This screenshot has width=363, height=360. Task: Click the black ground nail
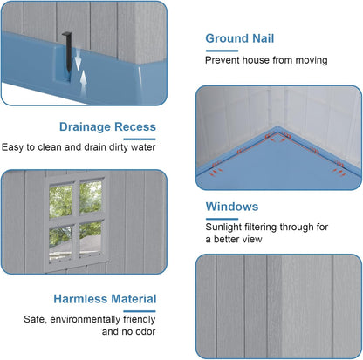tap(67, 51)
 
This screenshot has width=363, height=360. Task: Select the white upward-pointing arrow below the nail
tap(84, 83)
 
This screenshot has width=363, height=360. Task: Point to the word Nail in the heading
tap(264, 38)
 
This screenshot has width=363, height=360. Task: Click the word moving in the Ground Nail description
tap(312, 60)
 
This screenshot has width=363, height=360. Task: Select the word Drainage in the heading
tap(85, 127)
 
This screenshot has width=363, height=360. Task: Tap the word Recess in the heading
tap(135, 127)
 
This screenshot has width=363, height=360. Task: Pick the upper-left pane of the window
tap(61, 200)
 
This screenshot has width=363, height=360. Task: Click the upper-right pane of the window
tap(91, 197)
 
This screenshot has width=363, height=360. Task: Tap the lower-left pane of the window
tap(60, 242)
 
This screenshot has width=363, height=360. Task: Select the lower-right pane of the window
tap(90, 239)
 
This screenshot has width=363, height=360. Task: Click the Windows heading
tap(232, 207)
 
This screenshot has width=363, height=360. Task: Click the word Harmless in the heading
tap(80, 299)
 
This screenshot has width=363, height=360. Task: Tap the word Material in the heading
tap(134, 299)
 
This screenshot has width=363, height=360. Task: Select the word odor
tap(145, 331)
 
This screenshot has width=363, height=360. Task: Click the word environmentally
tap(85, 319)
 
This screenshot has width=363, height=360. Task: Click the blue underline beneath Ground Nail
tap(222, 51)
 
